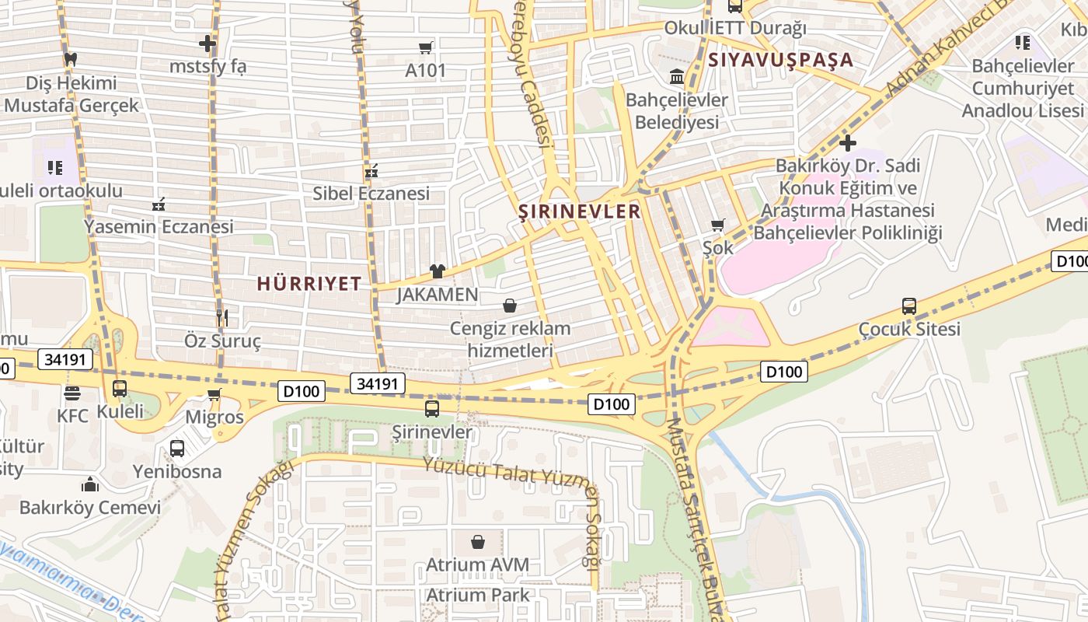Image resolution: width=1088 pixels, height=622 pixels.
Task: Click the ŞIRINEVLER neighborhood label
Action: pos(580,211)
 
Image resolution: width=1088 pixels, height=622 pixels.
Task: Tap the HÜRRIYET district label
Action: pos(309,284)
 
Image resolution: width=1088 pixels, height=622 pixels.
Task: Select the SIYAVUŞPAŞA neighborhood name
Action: pos(780,60)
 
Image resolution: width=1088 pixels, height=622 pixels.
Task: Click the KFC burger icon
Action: pos(72,393)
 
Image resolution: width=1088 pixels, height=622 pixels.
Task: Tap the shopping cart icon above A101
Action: pos(425,48)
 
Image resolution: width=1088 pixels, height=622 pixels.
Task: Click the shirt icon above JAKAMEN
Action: pos(438,271)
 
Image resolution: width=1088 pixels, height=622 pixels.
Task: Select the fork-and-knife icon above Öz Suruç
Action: pos(222,317)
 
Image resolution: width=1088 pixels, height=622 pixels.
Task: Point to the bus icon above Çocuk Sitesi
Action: pos(909,306)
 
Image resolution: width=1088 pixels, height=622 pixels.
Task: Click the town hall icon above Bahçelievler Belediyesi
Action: pos(676,77)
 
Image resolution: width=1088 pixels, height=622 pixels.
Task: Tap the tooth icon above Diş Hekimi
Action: pos(70,58)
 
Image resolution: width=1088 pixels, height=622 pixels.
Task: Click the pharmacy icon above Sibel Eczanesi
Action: pos(371,170)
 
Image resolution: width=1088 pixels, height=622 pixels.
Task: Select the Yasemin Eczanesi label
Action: pos(159,227)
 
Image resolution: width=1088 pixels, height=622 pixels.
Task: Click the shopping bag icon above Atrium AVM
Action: pos(477,541)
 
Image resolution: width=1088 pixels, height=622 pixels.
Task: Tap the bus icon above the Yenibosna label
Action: pos(177,448)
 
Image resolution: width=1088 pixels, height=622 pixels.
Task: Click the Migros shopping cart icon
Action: pos(214,394)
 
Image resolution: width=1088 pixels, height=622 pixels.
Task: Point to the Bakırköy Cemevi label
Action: pos(90,508)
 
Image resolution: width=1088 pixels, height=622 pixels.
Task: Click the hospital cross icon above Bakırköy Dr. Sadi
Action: pos(848,143)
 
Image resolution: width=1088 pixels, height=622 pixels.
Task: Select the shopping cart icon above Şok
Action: pos(717,225)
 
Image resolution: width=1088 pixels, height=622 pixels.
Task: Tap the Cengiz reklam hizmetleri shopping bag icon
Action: pos(510,306)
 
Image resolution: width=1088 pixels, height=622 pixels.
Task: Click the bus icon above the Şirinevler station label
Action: pos(432,408)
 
